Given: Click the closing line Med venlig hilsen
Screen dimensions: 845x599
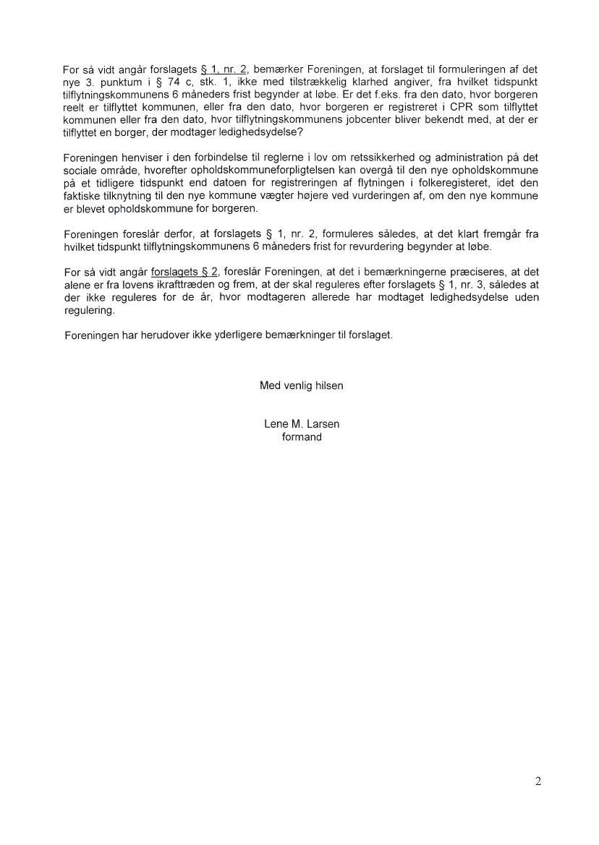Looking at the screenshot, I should pyautogui.click(x=301, y=386).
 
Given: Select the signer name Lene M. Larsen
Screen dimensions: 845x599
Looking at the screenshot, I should pyautogui.click(x=301, y=424).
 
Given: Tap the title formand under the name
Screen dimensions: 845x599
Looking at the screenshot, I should pyautogui.click(x=301, y=437).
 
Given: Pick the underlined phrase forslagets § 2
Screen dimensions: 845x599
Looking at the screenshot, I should pyautogui.click(x=184, y=273).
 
